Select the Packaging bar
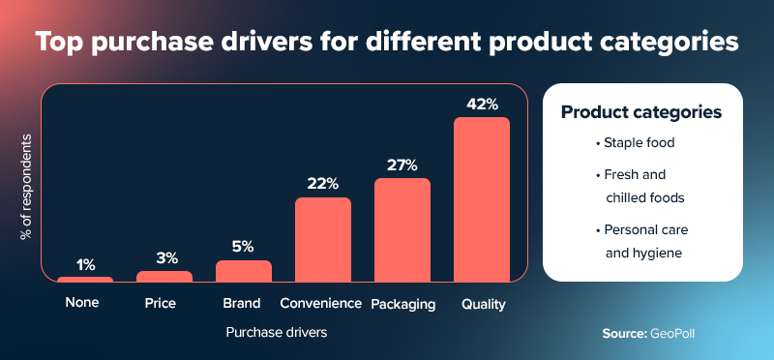point(402,230)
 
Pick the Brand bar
point(244,271)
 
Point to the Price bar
point(164,277)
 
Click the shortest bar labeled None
point(85,280)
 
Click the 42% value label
point(481,103)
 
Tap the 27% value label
point(402,165)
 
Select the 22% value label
point(323,183)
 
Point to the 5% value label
point(244,246)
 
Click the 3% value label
point(164,257)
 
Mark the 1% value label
point(85,264)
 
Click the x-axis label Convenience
point(320,304)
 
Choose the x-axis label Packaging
point(402,304)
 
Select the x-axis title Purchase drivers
point(277,333)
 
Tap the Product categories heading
point(641,112)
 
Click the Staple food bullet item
point(636,144)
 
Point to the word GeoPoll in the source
point(672,333)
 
